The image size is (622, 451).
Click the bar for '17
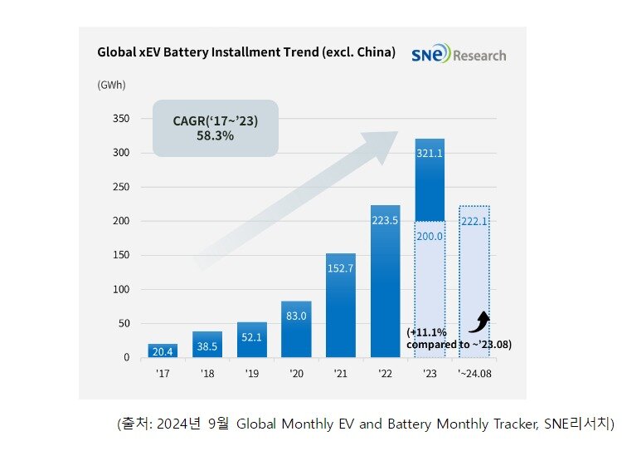(163, 351)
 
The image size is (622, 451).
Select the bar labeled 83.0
(296, 329)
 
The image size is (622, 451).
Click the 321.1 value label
(430, 154)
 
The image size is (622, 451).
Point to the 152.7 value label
(341, 268)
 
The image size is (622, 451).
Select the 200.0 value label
(429, 237)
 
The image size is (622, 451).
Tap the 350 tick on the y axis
(121, 119)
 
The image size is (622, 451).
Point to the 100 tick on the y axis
(121, 290)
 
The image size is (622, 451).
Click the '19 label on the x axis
(251, 375)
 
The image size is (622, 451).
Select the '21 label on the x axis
(340, 375)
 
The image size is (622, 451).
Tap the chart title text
(246, 51)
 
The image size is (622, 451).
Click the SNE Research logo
(458, 55)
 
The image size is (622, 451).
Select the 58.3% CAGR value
(215, 135)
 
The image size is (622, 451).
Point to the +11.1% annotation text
(420, 331)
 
